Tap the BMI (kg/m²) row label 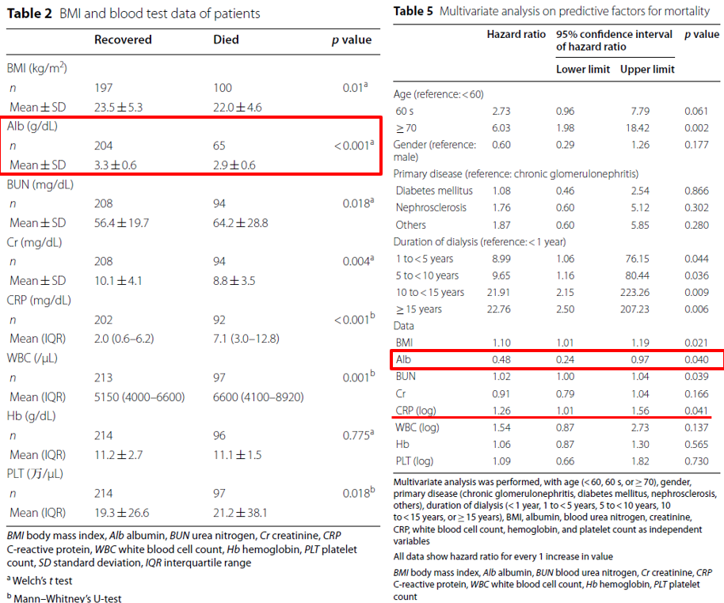pos(37,69)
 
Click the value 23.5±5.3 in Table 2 pos(119,107)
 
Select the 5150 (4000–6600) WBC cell pos(139,396)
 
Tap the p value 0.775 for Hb pos(350,435)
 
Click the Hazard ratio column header pos(516,35)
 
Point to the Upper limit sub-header pos(647,70)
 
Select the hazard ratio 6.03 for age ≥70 pos(501,127)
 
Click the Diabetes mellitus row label pos(434,191)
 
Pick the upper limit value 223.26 pos(647,292)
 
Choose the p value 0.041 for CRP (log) pos(697,411)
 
